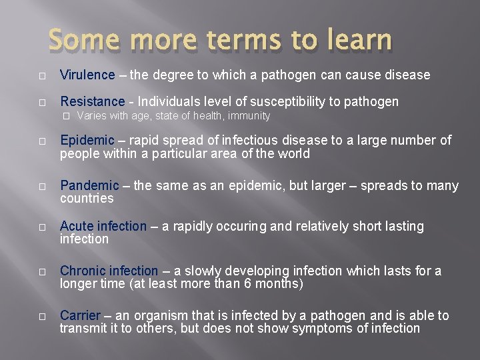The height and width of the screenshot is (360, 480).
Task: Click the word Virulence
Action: click(x=87, y=75)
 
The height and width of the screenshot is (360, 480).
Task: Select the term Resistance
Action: click(x=92, y=101)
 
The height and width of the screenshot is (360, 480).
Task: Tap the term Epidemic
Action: click(x=87, y=141)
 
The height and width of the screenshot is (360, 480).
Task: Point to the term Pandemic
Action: click(x=89, y=186)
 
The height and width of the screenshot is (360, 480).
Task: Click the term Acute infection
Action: click(x=103, y=226)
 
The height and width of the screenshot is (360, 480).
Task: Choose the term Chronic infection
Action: click(x=109, y=271)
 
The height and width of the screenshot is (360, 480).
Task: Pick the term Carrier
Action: click(x=79, y=315)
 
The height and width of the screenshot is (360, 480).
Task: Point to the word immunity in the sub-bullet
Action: click(x=248, y=116)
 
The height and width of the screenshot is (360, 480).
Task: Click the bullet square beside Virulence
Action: click(x=41, y=75)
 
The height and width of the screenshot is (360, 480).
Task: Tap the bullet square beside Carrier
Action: click(x=41, y=316)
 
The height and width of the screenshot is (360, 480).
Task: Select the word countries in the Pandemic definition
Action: click(x=87, y=199)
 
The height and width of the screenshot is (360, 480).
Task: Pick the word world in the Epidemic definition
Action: click(x=294, y=153)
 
